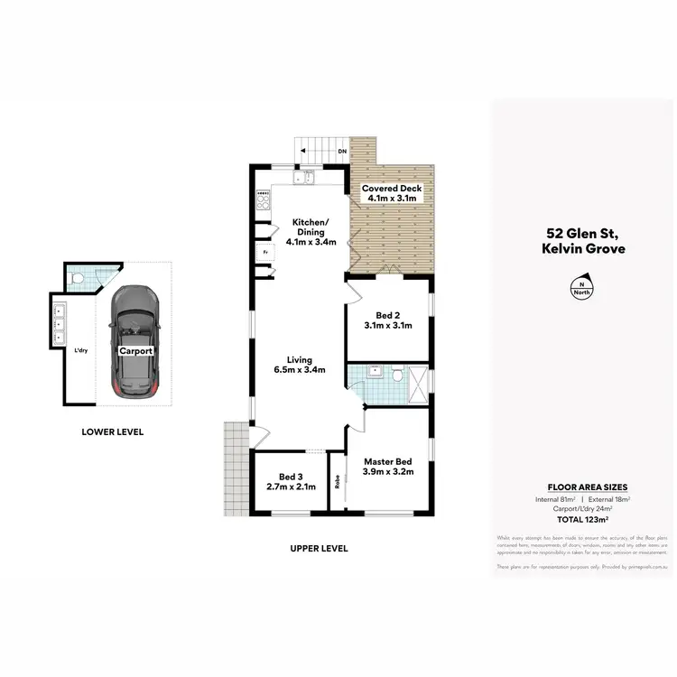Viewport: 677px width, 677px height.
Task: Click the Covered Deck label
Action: (392, 189)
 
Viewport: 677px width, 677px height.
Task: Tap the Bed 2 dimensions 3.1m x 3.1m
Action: (388, 325)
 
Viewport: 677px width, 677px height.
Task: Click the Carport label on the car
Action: (134, 351)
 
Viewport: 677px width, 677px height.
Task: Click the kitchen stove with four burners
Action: (264, 202)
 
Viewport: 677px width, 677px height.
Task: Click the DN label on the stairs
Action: (342, 152)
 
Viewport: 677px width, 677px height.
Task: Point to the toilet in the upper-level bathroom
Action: (394, 374)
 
